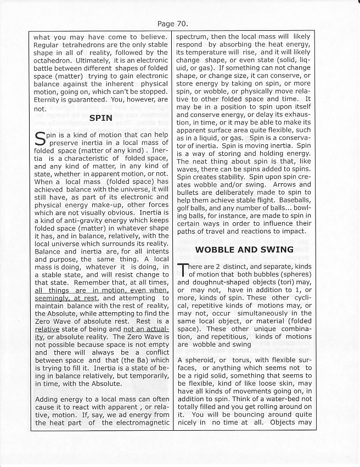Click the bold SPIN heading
click(100, 117)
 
